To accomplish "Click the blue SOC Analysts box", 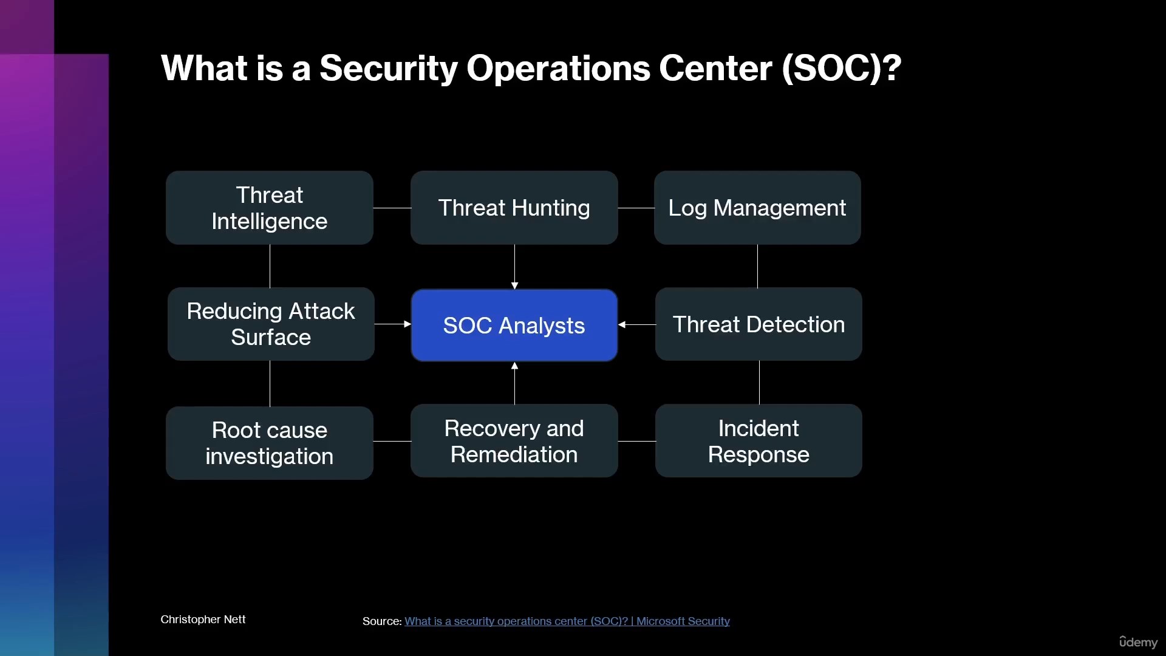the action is [x=514, y=325].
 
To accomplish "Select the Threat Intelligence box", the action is [x=270, y=208].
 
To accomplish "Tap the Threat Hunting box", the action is [x=514, y=208].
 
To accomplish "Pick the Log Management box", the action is [x=757, y=208].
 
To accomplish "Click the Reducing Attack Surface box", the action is [x=271, y=324].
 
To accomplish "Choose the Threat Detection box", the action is [x=759, y=324].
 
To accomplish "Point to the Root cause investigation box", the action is [x=270, y=443].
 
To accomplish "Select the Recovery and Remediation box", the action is [x=514, y=440].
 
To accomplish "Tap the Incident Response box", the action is [x=759, y=440].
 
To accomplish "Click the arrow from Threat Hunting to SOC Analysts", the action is [x=514, y=267].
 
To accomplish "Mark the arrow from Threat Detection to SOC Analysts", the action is [x=636, y=324].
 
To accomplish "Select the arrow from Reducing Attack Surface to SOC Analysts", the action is [x=393, y=324].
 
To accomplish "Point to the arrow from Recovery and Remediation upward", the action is [x=514, y=383].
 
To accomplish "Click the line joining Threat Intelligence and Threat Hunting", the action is [x=392, y=208].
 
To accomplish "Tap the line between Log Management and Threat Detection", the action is [x=757, y=266].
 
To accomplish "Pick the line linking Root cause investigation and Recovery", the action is [x=392, y=441].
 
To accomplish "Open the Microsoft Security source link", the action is [x=567, y=621].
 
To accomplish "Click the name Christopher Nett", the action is [x=203, y=619].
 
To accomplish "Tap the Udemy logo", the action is [x=1139, y=641].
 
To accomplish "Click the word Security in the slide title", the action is [x=389, y=68].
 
